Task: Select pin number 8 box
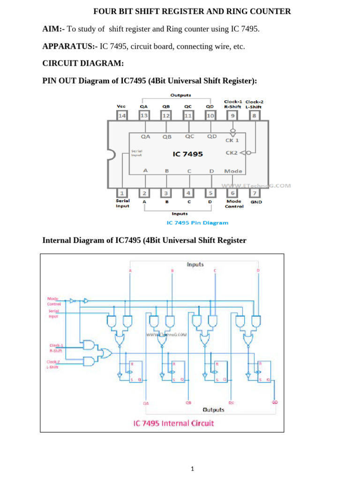point(254,115)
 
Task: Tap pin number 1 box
point(122,193)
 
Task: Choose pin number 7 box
point(254,193)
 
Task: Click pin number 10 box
point(210,115)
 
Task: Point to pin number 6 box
point(232,193)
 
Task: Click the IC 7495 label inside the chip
point(187,154)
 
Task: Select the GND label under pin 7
point(256,202)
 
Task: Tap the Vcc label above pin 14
point(121,106)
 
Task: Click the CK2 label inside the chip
point(232,152)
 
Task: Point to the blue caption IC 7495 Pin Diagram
point(198,223)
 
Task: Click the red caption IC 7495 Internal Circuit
point(173,423)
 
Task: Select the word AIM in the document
point(52,30)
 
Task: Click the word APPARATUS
point(68,47)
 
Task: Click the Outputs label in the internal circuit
point(213,410)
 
